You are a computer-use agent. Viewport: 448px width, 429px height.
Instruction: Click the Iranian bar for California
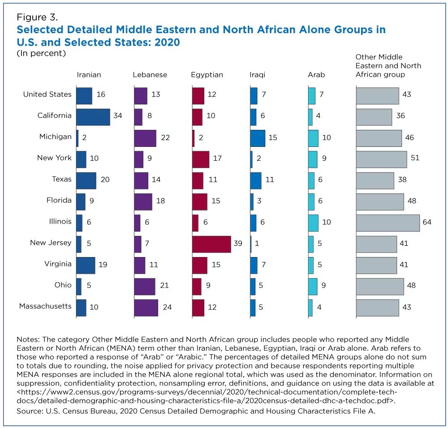click(x=93, y=117)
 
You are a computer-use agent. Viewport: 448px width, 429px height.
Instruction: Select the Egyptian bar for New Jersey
click(x=211, y=244)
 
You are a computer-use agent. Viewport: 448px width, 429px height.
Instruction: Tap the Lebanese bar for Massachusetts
click(x=146, y=308)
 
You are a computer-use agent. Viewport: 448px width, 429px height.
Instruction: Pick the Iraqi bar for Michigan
click(x=257, y=138)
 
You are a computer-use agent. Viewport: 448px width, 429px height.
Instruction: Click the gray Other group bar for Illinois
click(x=388, y=223)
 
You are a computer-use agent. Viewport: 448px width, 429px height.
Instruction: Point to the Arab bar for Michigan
click(x=313, y=138)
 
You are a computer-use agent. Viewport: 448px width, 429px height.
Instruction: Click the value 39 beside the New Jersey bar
click(x=237, y=244)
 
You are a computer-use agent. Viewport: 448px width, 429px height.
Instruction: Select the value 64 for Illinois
click(x=426, y=223)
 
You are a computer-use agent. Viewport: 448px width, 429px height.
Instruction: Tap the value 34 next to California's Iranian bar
click(x=117, y=116)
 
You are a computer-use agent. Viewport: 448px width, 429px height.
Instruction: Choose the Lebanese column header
click(x=150, y=75)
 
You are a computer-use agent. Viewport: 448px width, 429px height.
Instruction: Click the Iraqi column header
click(x=257, y=75)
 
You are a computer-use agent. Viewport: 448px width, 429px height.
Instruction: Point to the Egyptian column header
click(x=207, y=75)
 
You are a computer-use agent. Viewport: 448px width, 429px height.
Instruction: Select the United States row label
click(x=47, y=94)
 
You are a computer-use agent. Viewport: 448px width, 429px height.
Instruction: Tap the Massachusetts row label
click(x=45, y=306)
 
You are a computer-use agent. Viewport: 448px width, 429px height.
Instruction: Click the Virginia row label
click(x=58, y=264)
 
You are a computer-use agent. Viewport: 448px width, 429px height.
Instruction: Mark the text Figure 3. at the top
click(x=37, y=17)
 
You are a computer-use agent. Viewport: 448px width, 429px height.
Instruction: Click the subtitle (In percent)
click(x=41, y=53)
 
